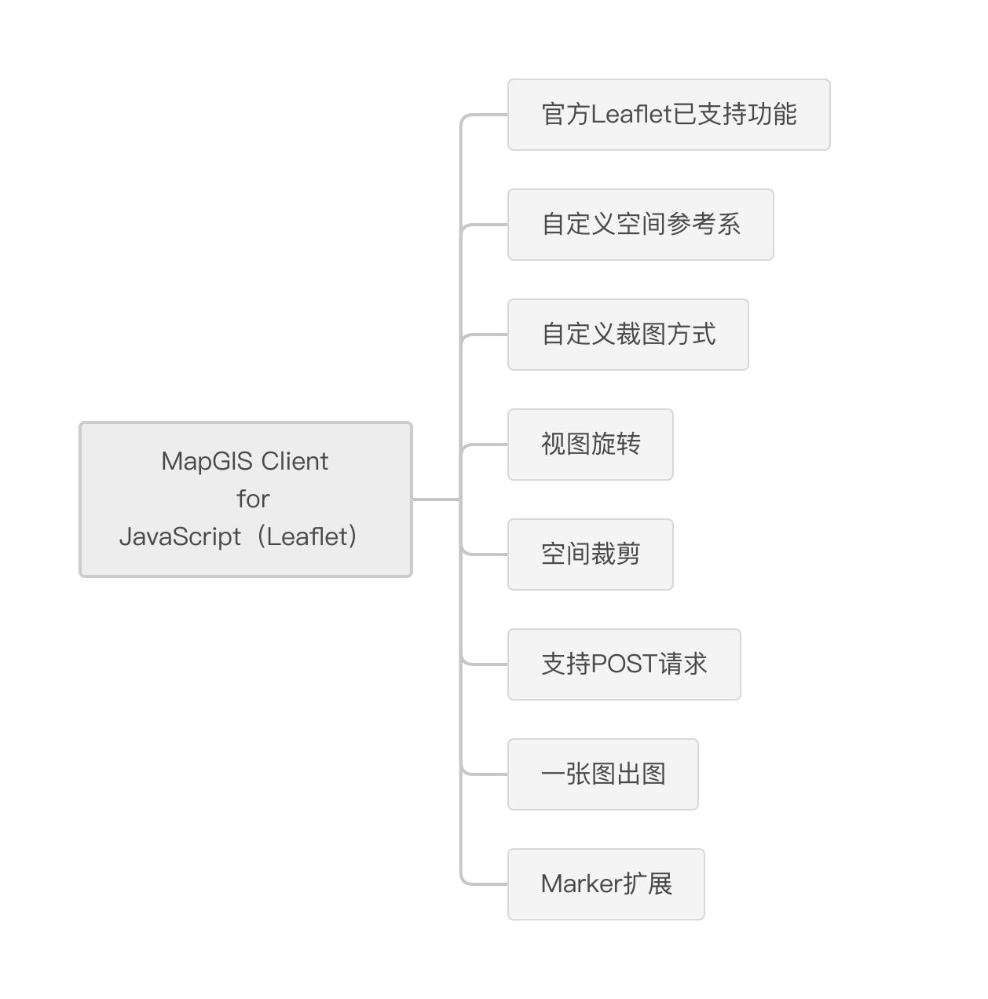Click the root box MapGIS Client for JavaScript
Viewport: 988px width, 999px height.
point(245,499)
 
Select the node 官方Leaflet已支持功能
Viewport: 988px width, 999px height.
point(668,115)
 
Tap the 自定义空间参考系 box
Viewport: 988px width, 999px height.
point(641,225)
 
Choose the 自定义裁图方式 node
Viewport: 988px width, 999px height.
point(628,335)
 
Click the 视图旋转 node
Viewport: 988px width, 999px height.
point(590,445)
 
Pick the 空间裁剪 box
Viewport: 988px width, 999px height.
point(590,554)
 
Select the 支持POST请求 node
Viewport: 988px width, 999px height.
point(624,664)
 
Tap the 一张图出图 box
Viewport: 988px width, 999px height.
point(602,774)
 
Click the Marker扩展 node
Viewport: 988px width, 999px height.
point(606,884)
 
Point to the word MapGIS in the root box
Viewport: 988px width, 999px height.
point(207,462)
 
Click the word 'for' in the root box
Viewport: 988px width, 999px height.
point(253,499)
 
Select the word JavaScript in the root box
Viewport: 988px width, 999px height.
point(180,536)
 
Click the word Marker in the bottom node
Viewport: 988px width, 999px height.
point(581,884)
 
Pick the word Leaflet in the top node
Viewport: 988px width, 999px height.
point(631,114)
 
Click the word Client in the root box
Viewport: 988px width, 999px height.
point(295,461)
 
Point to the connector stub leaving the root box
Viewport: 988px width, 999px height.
point(436,499)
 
